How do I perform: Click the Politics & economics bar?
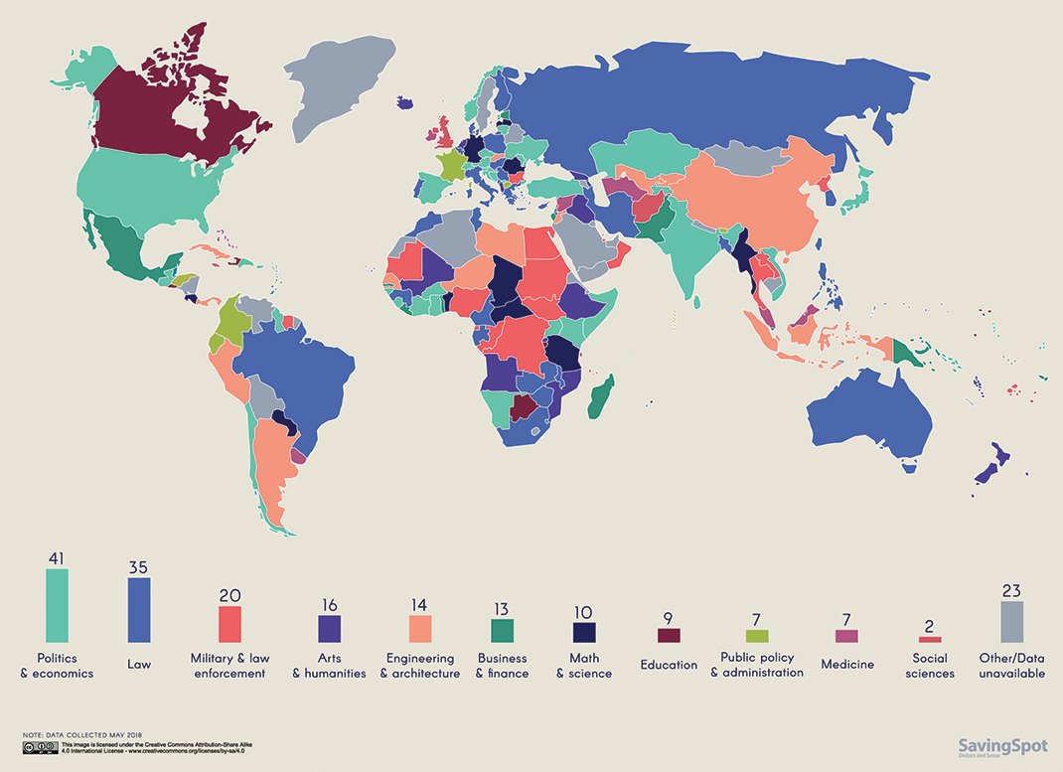pyautogui.click(x=57, y=605)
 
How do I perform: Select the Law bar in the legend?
pyautogui.click(x=139, y=610)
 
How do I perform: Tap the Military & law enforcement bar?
pyautogui.click(x=229, y=624)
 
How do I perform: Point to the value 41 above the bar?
pyautogui.click(x=57, y=558)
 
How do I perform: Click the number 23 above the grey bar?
pyautogui.click(x=1011, y=590)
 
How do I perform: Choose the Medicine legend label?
pyautogui.click(x=846, y=664)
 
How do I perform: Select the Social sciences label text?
pyautogui.click(x=933, y=666)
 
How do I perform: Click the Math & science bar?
pyautogui.click(x=583, y=633)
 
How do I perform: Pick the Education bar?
pyautogui.click(x=669, y=635)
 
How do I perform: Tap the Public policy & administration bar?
pyautogui.click(x=756, y=636)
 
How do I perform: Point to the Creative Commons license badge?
pyautogui.click(x=40, y=746)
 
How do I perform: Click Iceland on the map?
pyautogui.click(x=405, y=101)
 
